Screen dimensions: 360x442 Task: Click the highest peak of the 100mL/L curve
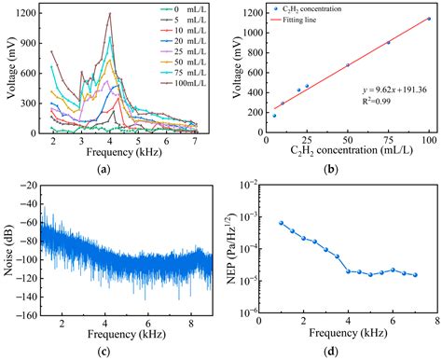110,14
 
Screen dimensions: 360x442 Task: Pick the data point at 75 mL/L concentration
388,43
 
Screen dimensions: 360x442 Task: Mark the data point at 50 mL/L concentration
348,65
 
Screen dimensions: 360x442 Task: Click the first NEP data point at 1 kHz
281,223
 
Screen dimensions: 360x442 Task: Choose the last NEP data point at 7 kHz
415,275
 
